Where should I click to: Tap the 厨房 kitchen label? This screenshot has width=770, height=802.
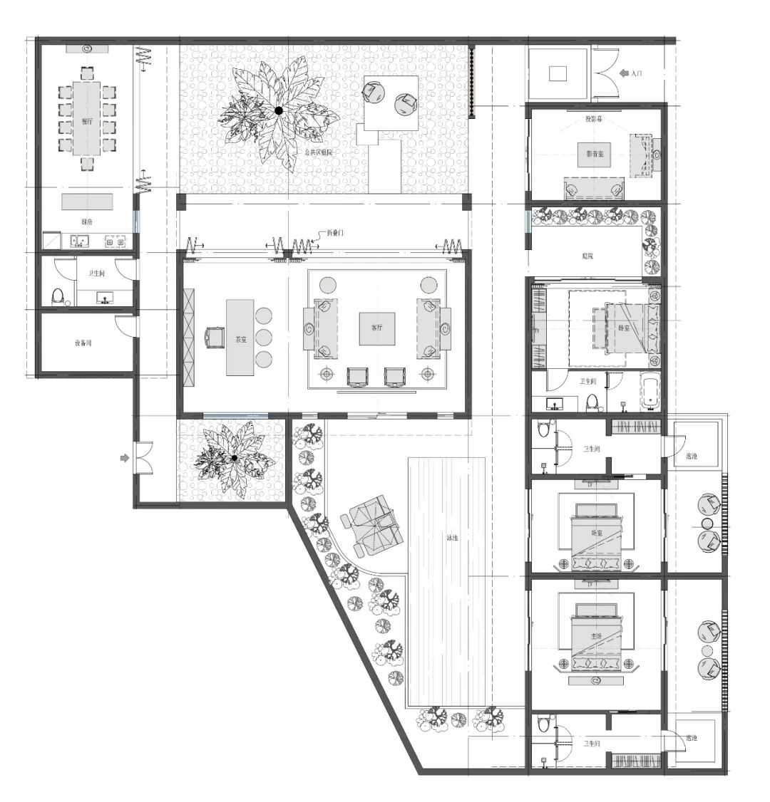[86, 222]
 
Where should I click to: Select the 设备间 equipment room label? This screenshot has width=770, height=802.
[83, 343]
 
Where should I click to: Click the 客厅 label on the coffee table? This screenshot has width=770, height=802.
[377, 328]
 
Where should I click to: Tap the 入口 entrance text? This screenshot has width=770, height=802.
[637, 73]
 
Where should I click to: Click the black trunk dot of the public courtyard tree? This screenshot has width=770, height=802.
[279, 110]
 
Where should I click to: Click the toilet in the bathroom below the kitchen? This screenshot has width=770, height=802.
[59, 296]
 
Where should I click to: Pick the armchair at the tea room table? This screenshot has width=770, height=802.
[214, 337]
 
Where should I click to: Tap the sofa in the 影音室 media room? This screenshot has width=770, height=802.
[594, 189]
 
